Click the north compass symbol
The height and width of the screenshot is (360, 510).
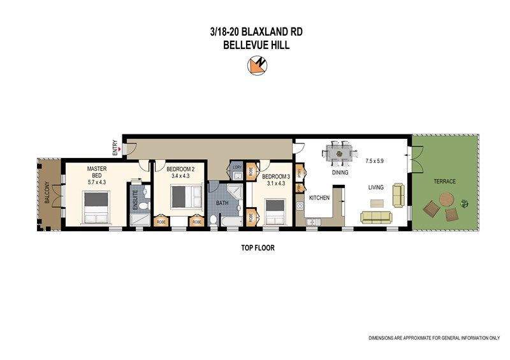tap(257, 66)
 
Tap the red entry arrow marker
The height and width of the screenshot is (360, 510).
tap(120, 149)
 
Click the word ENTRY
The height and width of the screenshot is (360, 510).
tap(115, 148)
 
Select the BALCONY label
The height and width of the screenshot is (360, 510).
tap(47, 192)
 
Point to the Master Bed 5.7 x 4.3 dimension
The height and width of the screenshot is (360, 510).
tap(97, 182)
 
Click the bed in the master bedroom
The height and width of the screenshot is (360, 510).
tap(96, 207)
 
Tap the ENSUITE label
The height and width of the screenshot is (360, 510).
tap(135, 199)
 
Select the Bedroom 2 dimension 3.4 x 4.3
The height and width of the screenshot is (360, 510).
tap(180, 176)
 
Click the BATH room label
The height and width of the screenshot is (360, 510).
tap(222, 203)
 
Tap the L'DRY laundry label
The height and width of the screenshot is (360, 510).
tap(237, 167)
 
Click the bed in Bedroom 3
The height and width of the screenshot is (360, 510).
tap(275, 212)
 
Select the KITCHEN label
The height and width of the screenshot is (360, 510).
tap(319, 198)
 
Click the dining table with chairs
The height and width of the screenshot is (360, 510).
tap(340, 153)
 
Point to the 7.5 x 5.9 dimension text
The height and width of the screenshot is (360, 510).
tap(375, 161)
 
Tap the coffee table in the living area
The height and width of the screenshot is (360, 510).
tap(377, 203)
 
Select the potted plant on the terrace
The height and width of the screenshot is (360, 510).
tap(465, 204)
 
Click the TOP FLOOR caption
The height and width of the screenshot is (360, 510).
tap(258, 248)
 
